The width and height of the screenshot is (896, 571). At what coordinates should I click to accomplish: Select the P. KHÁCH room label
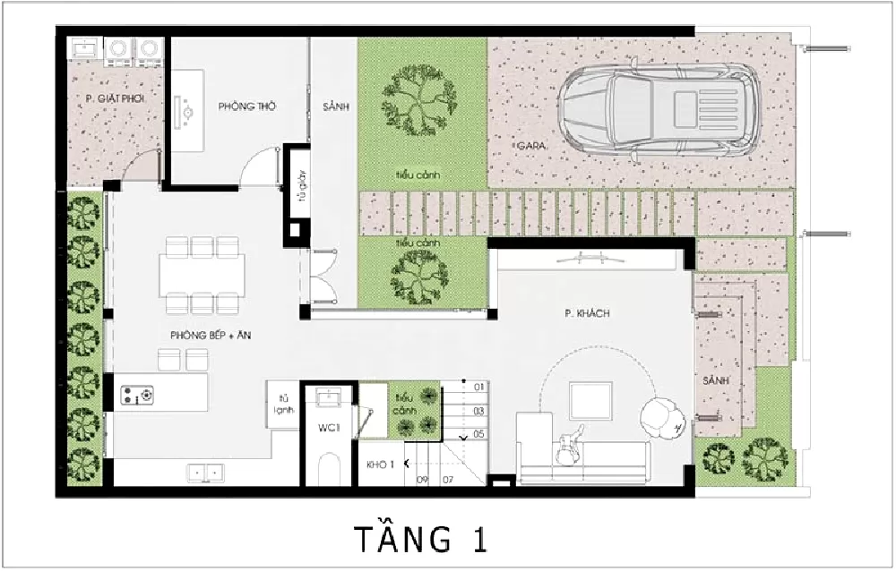coord(587,313)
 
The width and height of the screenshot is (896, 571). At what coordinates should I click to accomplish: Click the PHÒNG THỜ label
coord(247,107)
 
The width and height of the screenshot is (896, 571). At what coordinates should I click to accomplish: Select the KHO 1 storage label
coord(381,464)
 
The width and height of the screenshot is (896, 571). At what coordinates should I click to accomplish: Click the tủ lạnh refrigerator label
coord(284,405)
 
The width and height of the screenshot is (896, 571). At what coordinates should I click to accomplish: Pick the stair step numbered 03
coord(479,411)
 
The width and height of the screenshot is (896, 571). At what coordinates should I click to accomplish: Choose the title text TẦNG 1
coord(420,540)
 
